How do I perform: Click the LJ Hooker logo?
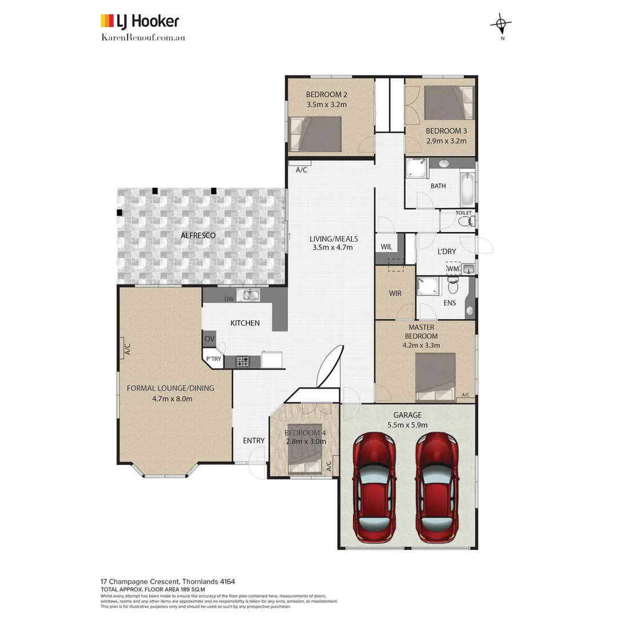point(140,22)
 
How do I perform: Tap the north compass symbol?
point(501,24)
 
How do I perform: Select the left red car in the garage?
point(375,487)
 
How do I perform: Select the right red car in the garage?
point(436,487)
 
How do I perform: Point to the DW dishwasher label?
point(229,299)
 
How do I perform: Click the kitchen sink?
point(250,295)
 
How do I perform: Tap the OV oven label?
point(209,339)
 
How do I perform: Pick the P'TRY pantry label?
point(214,359)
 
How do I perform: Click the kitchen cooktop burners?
point(242,361)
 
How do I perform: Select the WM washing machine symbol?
point(453,269)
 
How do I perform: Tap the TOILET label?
point(463,213)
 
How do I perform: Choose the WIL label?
point(386,247)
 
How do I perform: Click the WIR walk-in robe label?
point(395,293)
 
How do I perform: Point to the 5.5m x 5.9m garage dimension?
point(407,424)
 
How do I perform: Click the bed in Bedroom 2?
point(315,134)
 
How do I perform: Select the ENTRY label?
point(254,440)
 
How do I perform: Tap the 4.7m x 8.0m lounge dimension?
point(172,398)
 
